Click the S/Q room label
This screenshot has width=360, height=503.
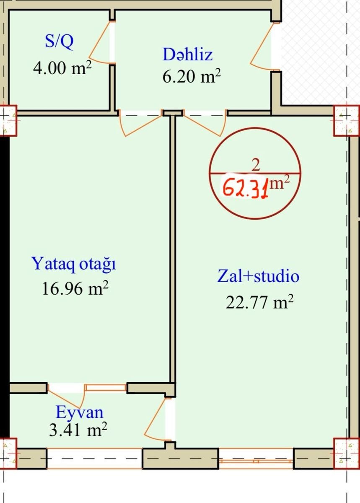[59, 42]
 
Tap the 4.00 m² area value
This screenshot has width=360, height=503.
[62, 67]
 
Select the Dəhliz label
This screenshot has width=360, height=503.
[187, 54]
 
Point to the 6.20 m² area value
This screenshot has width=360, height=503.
[192, 76]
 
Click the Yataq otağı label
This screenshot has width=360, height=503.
[74, 264]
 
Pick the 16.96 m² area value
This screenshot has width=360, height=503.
[75, 288]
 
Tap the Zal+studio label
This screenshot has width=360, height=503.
[258, 276]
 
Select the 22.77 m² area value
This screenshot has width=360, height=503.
[259, 301]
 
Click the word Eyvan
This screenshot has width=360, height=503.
[80, 412]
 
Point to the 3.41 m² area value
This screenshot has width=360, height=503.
[78, 429]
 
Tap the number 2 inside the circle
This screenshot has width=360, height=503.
[256, 166]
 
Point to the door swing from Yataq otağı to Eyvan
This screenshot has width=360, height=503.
[67, 397]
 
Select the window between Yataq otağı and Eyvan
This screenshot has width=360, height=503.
[106, 388]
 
